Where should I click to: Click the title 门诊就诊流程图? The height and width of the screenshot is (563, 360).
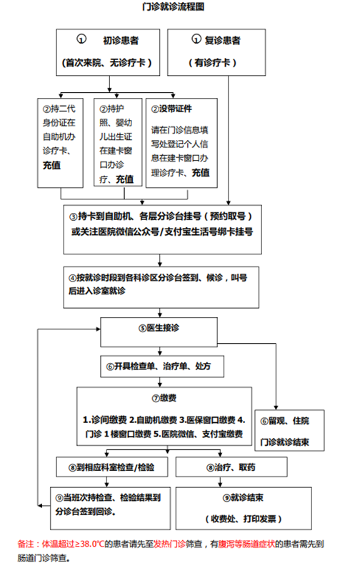(x=173, y=6)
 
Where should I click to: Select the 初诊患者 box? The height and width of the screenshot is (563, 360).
(x=108, y=52)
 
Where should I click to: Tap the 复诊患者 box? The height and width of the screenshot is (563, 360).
(x=216, y=52)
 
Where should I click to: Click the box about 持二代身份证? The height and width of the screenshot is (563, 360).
(x=60, y=143)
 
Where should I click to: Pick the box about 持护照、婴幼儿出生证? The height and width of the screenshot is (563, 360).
(x=118, y=142)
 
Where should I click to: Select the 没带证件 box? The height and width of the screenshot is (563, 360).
(x=181, y=143)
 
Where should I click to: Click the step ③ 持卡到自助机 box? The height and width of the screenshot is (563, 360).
(x=163, y=229)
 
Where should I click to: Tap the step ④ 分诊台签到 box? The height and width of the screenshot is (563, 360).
(x=161, y=287)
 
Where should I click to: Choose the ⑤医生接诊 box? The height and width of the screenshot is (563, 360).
(x=159, y=332)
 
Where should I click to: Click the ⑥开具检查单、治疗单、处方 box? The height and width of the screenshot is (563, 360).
(x=162, y=367)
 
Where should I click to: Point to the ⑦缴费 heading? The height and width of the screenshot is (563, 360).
(x=164, y=398)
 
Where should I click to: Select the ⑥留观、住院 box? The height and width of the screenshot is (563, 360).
(x=289, y=431)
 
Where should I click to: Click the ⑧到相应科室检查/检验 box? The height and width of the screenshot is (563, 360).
(x=112, y=467)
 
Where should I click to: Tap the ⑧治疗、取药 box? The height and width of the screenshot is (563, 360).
(x=231, y=467)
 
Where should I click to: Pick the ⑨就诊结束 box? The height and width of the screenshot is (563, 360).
(x=244, y=509)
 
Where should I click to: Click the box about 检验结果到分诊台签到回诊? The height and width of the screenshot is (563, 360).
(x=110, y=509)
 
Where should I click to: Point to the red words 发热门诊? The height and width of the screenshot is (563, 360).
(x=169, y=544)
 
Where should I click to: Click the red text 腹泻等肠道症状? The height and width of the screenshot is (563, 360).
(x=246, y=544)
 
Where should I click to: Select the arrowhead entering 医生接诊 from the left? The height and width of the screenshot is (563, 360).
(x=98, y=329)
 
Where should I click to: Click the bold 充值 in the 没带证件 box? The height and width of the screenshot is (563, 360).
(x=200, y=173)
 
